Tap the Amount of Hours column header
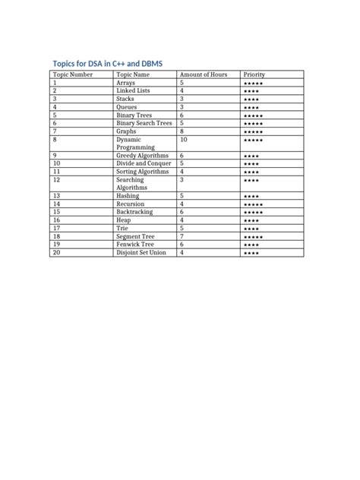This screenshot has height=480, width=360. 203,74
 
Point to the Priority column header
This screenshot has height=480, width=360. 254,74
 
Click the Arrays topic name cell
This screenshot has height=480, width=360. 126,83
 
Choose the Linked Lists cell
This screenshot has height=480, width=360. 133,90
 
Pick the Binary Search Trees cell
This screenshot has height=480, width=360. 144,123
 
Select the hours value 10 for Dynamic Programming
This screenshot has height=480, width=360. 183,140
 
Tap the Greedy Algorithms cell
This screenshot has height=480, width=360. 142,156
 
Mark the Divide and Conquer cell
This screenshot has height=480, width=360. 144,163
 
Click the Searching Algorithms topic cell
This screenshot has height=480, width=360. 131,183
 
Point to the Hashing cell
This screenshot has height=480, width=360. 128,196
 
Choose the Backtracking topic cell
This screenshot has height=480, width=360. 134,212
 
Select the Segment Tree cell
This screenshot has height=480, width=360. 134,236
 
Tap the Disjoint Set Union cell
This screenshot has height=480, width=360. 141,252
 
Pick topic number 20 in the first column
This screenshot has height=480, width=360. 56,252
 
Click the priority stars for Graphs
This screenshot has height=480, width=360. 253,131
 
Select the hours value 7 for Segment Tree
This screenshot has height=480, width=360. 182,236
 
